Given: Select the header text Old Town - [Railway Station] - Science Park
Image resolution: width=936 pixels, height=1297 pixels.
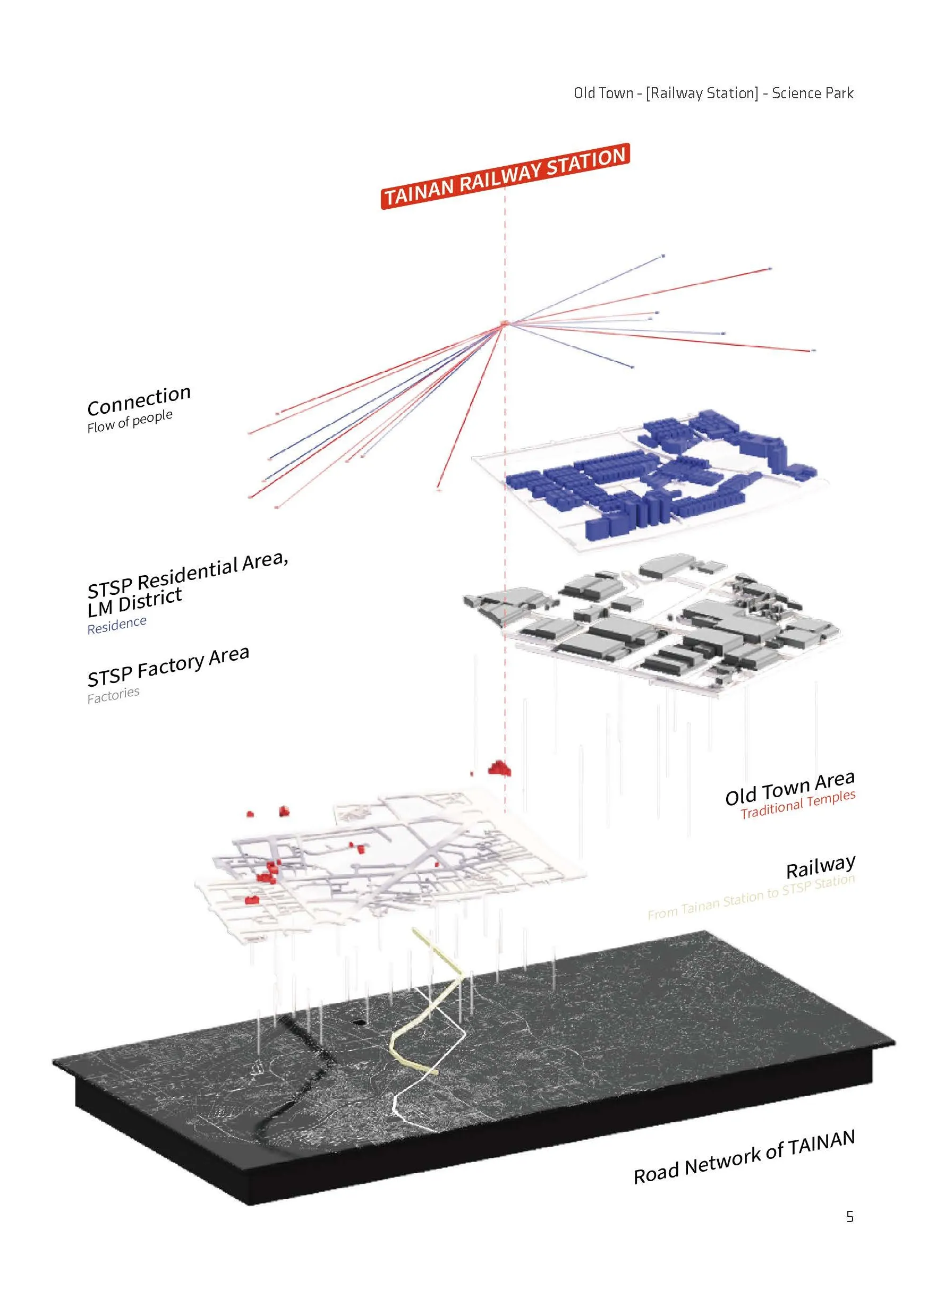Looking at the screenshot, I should click(713, 93).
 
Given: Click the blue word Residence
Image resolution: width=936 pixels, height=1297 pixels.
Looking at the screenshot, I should click(117, 625).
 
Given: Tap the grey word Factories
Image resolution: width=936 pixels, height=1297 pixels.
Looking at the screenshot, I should click(113, 695).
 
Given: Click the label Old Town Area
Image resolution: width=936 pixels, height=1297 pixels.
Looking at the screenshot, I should click(789, 788).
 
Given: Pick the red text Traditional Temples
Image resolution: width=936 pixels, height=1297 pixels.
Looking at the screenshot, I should click(797, 804).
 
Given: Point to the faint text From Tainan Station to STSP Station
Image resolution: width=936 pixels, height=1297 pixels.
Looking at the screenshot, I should click(751, 897).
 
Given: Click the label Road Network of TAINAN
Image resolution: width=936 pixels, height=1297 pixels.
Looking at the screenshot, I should click(744, 1156).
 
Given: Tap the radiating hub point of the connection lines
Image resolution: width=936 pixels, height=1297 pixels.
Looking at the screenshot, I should click(504, 323).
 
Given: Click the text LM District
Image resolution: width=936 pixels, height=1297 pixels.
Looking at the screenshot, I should click(134, 601).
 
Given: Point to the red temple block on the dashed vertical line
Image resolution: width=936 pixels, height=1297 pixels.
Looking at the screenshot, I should click(500, 768).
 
